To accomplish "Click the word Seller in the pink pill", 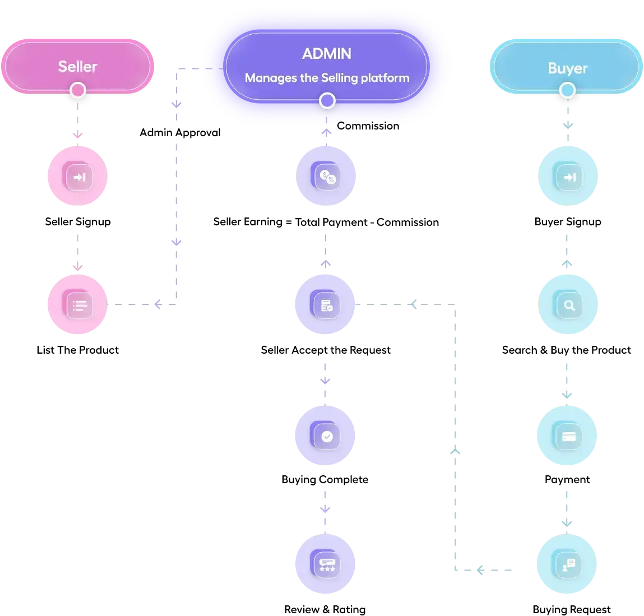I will click(x=77, y=67).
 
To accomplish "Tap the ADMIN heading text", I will click(x=327, y=54).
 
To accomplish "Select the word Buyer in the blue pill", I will click(x=567, y=68).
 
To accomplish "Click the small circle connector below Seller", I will click(x=78, y=90).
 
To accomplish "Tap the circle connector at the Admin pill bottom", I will click(x=327, y=101).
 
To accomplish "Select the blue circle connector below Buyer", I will click(x=567, y=90).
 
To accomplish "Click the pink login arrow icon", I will click(x=79, y=177).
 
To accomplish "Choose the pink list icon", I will click(x=79, y=305).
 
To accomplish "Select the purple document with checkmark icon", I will click(x=326, y=305).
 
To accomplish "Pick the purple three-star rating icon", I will click(x=327, y=564).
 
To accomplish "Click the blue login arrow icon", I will click(x=569, y=177).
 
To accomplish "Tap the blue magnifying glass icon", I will click(x=569, y=305).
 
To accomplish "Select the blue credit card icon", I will click(x=569, y=436).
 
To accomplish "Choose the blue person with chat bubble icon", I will click(x=568, y=564).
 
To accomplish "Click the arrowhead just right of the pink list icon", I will click(x=157, y=304).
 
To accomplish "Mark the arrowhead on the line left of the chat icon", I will click(x=480, y=571).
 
